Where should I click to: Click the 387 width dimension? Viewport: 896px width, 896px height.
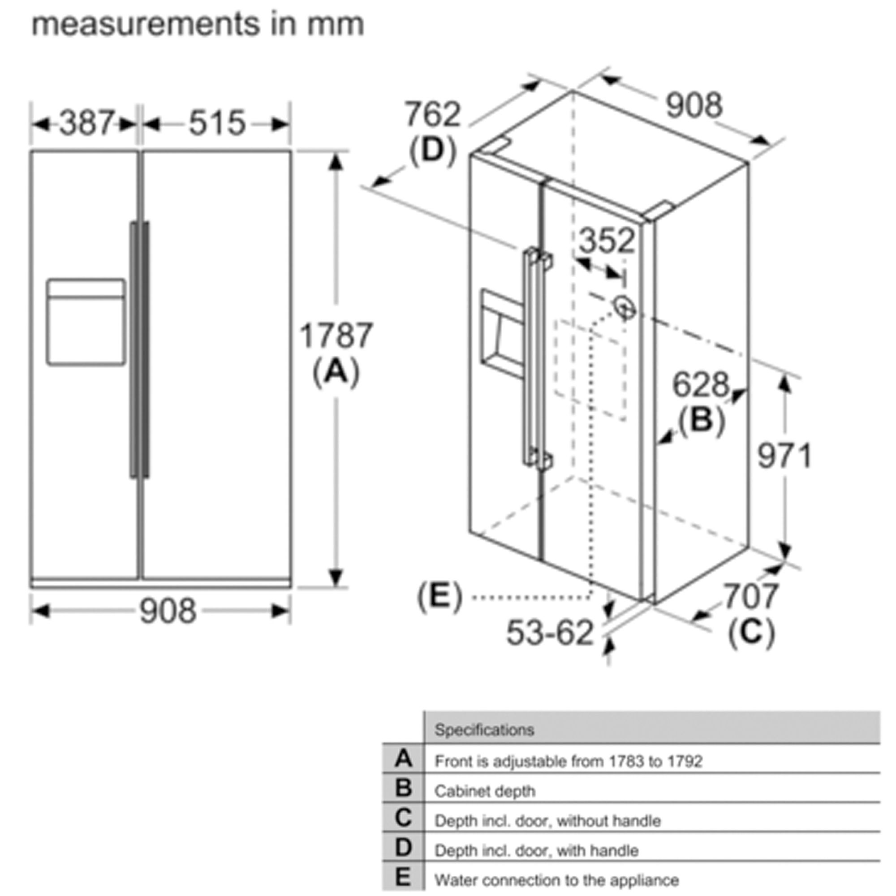tap(87, 123)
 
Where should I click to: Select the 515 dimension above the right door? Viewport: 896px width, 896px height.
tap(217, 123)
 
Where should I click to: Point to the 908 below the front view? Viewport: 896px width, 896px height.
tap(168, 611)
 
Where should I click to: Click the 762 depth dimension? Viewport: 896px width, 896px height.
tap(433, 114)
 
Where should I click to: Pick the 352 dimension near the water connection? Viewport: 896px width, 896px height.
tap(607, 241)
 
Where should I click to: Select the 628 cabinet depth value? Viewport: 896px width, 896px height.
tap(701, 384)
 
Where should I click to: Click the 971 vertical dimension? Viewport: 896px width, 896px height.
tap(784, 456)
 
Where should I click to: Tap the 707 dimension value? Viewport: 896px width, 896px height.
tap(751, 596)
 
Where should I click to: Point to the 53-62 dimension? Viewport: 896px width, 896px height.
tap(550, 632)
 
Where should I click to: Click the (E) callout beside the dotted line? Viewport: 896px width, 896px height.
tap(439, 596)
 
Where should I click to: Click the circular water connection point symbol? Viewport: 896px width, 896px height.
tap(624, 306)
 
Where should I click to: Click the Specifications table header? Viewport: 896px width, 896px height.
tap(484, 729)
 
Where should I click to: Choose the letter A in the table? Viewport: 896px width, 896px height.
tap(404, 759)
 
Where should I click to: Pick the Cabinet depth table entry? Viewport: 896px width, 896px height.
tap(485, 791)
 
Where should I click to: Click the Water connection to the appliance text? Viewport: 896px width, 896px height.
tap(556, 880)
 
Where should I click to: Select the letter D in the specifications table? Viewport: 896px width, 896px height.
tap(404, 847)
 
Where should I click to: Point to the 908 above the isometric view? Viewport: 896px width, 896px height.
tap(694, 105)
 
